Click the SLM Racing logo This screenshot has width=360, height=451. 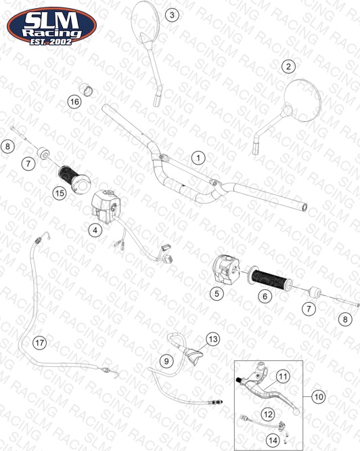pos(51,26)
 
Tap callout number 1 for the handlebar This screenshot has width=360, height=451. pos(198,158)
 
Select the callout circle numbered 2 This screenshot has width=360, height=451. pos(288,66)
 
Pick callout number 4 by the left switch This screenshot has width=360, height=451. pos(95,230)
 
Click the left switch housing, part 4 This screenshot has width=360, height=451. pos(106,206)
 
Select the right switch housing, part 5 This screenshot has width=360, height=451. pos(227,268)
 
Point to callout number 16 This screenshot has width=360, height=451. pos(74,102)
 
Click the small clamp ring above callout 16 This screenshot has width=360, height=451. pos(86,89)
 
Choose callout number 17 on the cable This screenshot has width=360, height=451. pos(40,343)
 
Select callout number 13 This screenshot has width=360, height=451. pos(213,339)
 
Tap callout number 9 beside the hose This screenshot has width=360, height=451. pos(166,361)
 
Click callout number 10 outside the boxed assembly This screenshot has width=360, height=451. pos(319,397)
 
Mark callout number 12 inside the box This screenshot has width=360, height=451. pos(268,414)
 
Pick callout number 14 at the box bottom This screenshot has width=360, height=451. pos(273,440)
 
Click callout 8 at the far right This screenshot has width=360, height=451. pos(345,319)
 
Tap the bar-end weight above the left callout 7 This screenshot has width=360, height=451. pos(44,153)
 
